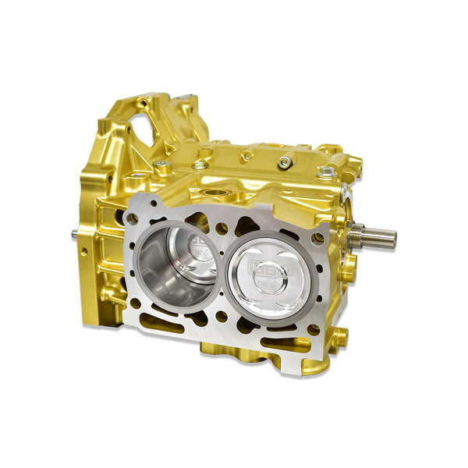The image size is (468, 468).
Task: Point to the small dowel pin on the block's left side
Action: click(x=75, y=232)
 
